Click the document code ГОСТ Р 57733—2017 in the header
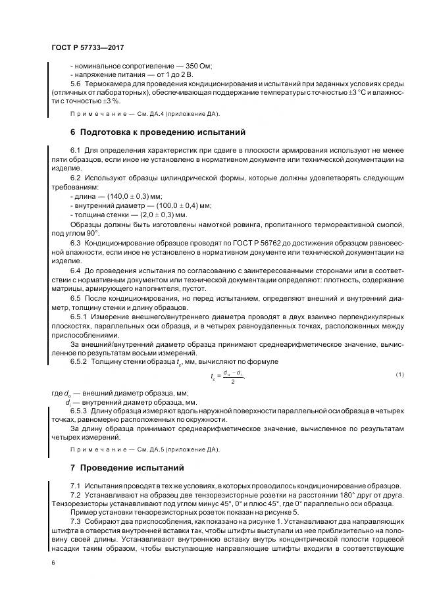click(88, 48)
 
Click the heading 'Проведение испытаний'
click(134, 467)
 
